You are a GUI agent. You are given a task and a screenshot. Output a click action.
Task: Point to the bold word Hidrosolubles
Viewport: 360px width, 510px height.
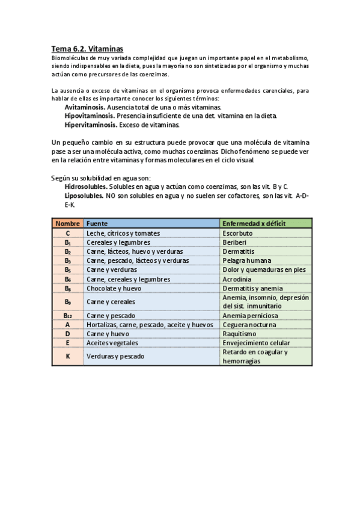tap(86, 187)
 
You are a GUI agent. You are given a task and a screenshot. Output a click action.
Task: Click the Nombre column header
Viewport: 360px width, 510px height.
tap(67, 224)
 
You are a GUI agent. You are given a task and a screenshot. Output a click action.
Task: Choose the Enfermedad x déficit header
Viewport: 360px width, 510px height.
tap(254, 224)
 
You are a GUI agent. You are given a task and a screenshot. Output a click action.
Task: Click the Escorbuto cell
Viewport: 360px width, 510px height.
tap(237, 233)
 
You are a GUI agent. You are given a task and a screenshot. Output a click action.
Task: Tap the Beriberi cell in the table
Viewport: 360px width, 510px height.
tap(235, 242)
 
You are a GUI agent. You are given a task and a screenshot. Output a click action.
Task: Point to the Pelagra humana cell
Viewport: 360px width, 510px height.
tap(246, 260)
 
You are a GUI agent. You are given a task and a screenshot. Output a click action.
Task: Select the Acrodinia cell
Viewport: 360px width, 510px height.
tap(237, 279)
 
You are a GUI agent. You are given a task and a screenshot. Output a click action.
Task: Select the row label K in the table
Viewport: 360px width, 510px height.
tap(67, 356)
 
